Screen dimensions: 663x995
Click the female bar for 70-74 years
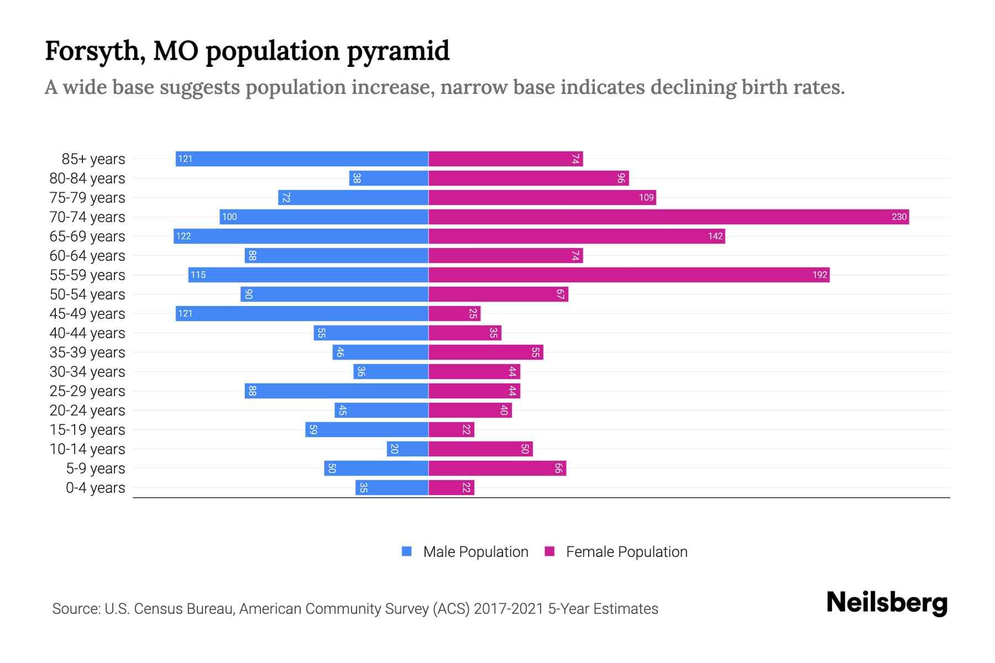click(668, 217)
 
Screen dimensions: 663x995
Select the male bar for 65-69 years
click(301, 236)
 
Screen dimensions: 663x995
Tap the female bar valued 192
click(629, 275)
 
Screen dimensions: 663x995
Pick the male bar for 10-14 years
click(407, 449)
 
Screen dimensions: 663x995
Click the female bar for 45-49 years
click(454, 313)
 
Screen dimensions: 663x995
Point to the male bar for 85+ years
click(302, 159)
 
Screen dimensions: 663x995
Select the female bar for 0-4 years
click(451, 487)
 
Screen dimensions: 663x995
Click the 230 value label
click(899, 217)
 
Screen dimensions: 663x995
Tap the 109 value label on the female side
click(646, 197)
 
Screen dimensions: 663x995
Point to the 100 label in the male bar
click(229, 217)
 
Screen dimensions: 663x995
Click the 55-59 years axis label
click(87, 275)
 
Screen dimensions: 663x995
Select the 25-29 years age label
click(87, 391)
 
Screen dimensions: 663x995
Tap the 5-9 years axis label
click(96, 468)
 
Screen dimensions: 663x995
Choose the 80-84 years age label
click(87, 178)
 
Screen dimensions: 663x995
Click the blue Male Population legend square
click(407, 551)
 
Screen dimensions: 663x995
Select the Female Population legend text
click(626, 551)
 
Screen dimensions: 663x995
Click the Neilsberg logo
click(887, 603)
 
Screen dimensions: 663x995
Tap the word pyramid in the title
click(398, 51)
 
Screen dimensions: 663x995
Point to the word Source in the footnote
click(76, 608)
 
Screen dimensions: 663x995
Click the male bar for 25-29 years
click(336, 391)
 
